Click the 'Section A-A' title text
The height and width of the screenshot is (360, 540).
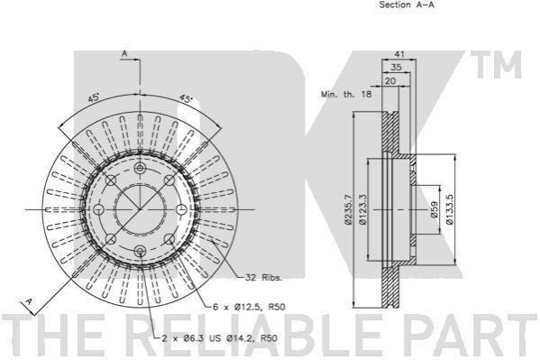tap(407, 5)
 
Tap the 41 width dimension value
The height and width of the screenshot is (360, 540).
tap(399, 54)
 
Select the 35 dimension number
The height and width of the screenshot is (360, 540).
tap(396, 67)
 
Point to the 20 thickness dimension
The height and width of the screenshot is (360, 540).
tap(390, 81)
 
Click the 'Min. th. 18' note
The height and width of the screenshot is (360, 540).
tap(346, 94)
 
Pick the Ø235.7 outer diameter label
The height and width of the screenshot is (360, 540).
tap(349, 209)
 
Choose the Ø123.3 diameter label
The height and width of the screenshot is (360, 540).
tap(362, 209)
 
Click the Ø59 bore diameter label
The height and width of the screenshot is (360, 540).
tap(435, 209)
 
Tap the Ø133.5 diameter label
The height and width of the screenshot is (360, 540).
tap(450, 209)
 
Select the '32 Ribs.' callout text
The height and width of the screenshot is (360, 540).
tap(263, 277)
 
